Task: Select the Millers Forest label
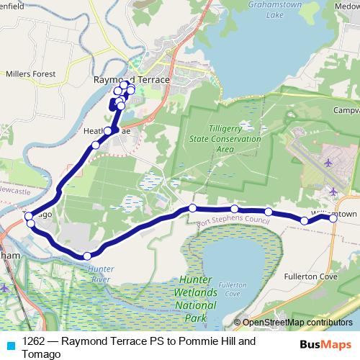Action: coord(30,73)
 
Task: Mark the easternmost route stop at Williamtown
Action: coord(333,218)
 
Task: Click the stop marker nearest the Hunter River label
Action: coord(87,256)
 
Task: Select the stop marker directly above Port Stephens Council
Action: coord(234,210)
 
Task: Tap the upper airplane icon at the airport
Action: coord(329,162)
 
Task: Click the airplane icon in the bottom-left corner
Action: coord(5,288)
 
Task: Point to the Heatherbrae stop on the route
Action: coord(108,131)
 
